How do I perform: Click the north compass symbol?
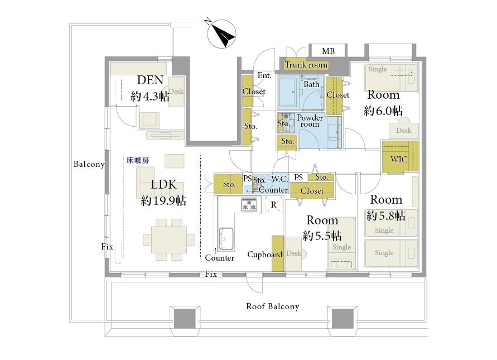221,33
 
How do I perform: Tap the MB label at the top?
328,51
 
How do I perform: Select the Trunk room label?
306,65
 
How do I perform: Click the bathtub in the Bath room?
288,92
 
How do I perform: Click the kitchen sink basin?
226,239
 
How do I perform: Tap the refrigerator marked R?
273,205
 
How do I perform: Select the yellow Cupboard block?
278,253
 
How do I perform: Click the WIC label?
398,159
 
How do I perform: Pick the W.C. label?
279,179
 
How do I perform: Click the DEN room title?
150,80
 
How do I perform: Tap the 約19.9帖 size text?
163,201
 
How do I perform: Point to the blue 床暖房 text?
138,161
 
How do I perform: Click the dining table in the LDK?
169,239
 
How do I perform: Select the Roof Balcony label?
273,306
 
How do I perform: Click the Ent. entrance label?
264,75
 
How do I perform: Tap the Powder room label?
310,121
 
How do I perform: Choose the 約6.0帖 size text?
383,111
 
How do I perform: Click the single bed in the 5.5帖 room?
341,243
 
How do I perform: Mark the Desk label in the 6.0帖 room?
404,131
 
